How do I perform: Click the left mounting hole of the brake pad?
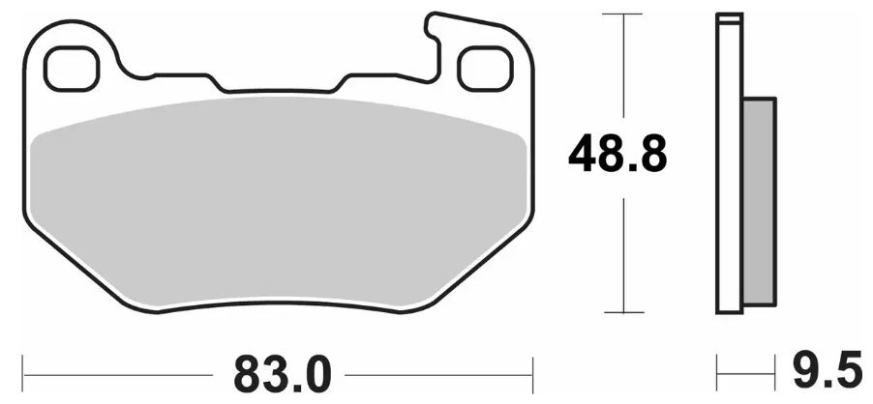point(73,68)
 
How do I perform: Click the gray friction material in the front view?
point(281,203)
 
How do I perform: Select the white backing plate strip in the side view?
point(730,164)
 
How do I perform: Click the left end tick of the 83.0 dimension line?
point(24,370)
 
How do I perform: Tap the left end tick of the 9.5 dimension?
point(717,370)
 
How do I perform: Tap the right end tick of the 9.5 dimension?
point(776,370)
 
